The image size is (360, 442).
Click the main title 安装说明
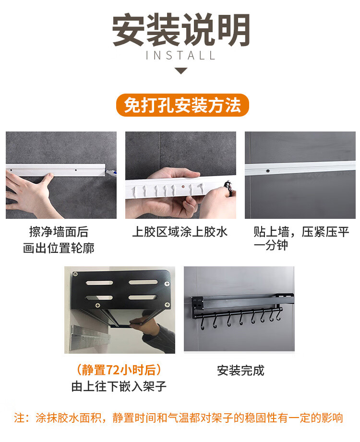tap(180, 30)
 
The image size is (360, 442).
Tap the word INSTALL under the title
tap(180, 56)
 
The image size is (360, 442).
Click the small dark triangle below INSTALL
tap(180, 71)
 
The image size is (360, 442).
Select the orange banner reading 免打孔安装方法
tap(182, 105)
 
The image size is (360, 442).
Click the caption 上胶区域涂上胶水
tap(180, 232)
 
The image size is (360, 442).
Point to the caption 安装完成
tap(240, 370)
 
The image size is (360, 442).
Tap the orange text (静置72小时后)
tap(119, 370)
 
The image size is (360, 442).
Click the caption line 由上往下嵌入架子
tap(119, 386)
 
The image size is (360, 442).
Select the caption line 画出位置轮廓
tap(59, 248)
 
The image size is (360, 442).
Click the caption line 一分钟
tap(271, 245)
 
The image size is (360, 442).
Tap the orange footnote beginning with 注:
tap(179, 418)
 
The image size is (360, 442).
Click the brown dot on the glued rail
tap(183, 186)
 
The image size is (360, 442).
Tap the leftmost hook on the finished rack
tap(203, 322)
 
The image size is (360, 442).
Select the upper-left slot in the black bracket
tap(99, 283)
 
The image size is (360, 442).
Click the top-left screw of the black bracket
tap(75, 274)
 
